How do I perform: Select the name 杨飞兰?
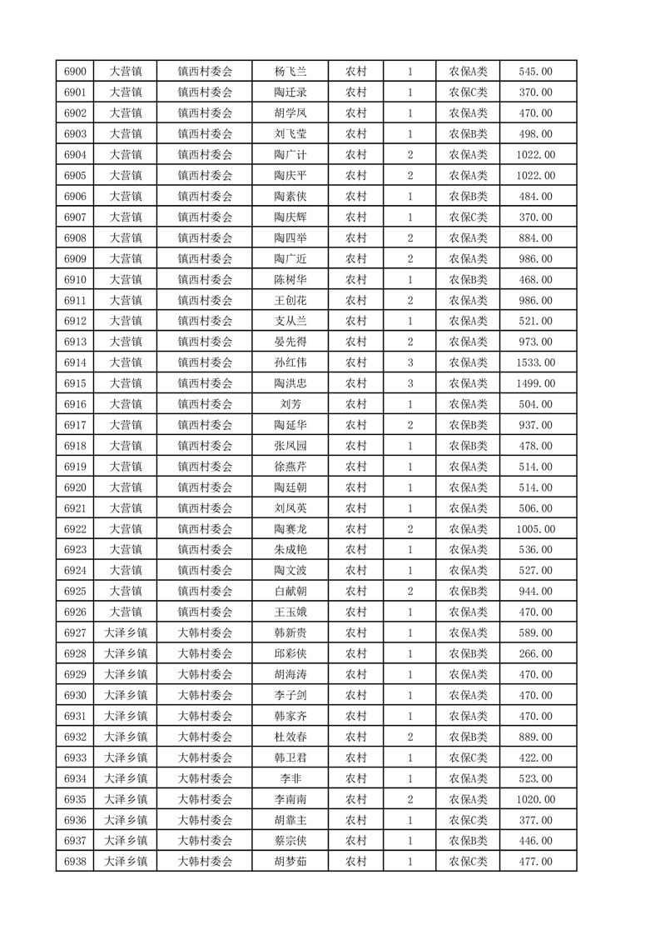point(290,72)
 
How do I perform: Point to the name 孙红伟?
point(290,362)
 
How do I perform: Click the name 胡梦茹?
point(290,861)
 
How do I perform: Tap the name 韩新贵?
point(290,632)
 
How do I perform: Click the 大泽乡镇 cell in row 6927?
point(126,632)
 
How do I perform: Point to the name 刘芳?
point(290,404)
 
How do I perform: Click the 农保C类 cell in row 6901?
point(469,92)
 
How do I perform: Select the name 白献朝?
point(290,591)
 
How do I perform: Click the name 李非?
point(290,778)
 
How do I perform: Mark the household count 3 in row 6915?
point(410,383)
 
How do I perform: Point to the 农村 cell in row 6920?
point(356,487)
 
